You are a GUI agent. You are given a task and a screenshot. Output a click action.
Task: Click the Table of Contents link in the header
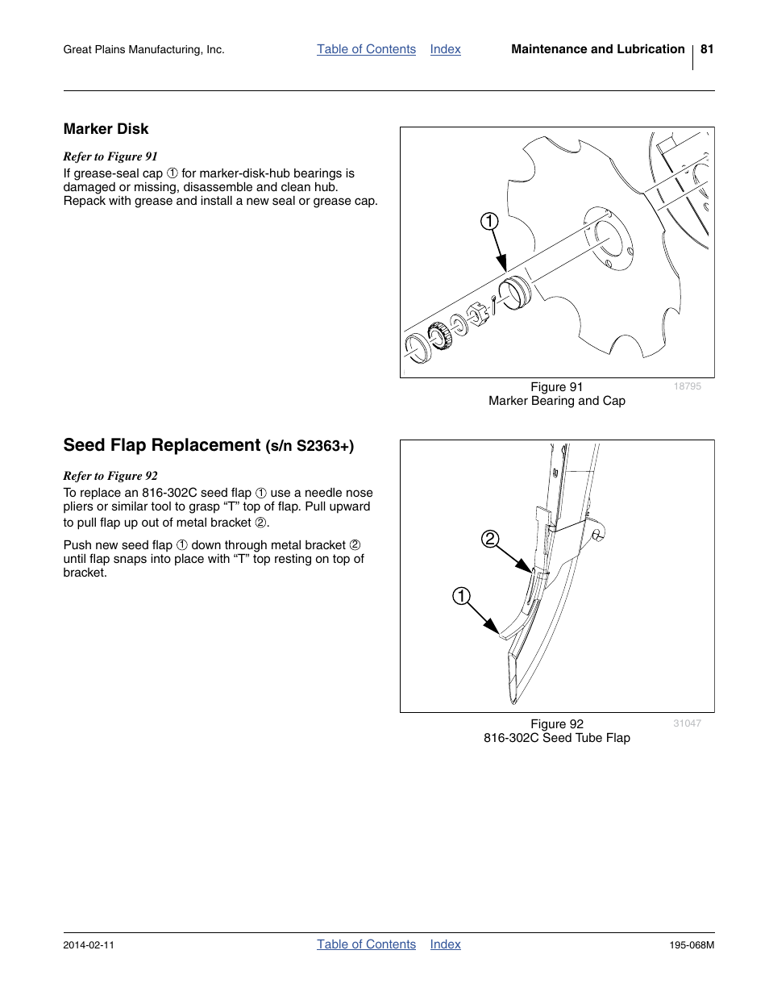(x=366, y=49)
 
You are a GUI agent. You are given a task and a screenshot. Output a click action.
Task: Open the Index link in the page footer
(x=445, y=944)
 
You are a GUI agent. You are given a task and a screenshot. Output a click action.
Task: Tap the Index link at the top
(x=445, y=49)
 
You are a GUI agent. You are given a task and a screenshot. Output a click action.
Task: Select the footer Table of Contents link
(x=366, y=944)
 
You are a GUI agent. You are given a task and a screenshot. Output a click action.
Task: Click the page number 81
(x=707, y=49)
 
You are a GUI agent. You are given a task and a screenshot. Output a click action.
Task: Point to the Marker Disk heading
(x=106, y=129)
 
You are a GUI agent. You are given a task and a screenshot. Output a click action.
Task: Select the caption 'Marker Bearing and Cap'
(x=556, y=401)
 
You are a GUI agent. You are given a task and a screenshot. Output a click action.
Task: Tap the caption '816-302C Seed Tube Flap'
(x=556, y=738)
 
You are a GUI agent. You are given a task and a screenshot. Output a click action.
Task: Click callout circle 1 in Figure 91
(x=490, y=222)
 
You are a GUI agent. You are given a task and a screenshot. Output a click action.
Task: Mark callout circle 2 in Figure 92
(x=490, y=540)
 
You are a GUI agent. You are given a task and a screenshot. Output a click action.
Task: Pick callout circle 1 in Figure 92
(x=460, y=597)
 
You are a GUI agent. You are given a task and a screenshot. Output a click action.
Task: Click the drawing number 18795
(x=687, y=386)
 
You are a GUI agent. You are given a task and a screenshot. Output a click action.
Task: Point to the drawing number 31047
(x=687, y=723)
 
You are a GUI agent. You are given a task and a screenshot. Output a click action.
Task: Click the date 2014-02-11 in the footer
(x=89, y=944)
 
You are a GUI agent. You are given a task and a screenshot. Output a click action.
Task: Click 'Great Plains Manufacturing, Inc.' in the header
(x=143, y=50)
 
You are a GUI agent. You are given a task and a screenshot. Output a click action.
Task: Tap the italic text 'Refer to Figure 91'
(x=110, y=156)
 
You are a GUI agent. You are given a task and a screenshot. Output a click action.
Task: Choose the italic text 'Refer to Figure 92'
(x=110, y=476)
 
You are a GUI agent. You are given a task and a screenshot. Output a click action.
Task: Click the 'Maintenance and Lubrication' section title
(x=597, y=49)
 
